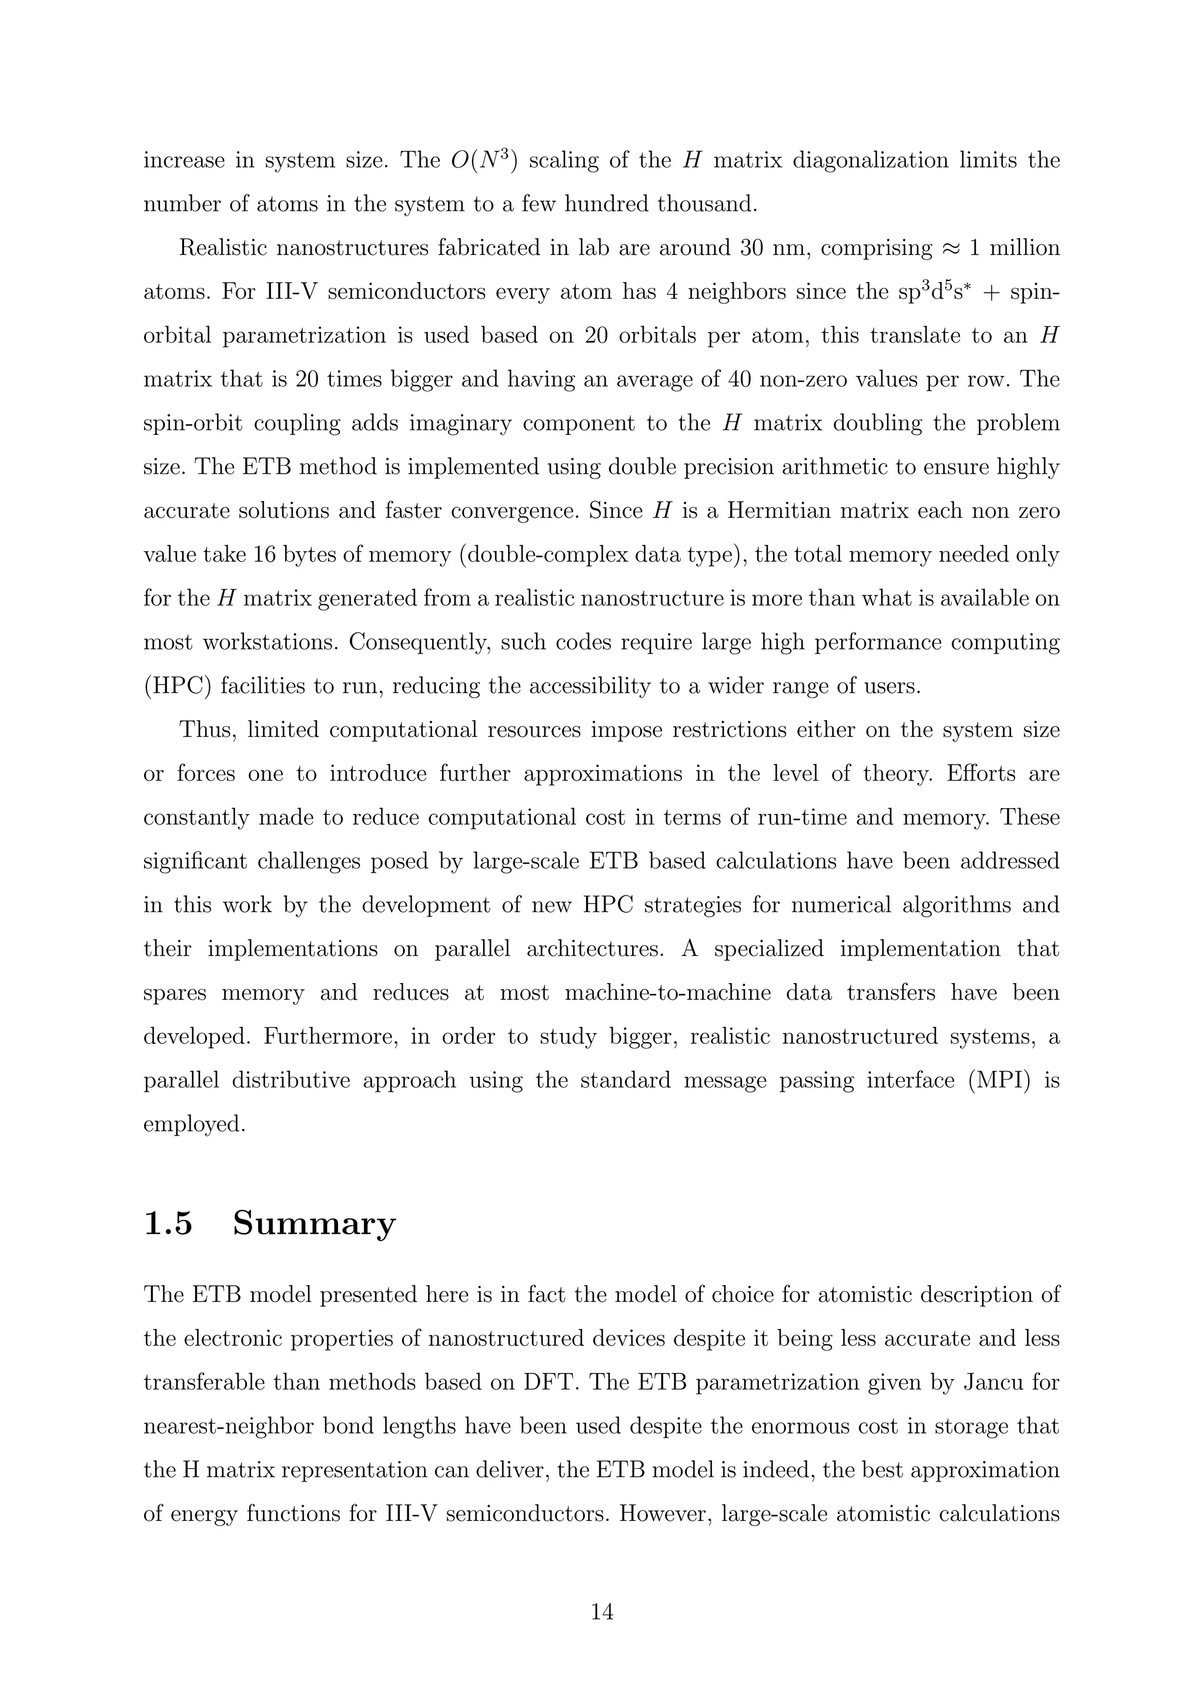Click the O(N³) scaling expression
pyautogui.click(x=483, y=160)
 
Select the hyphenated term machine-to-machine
pyautogui.click(x=667, y=993)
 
